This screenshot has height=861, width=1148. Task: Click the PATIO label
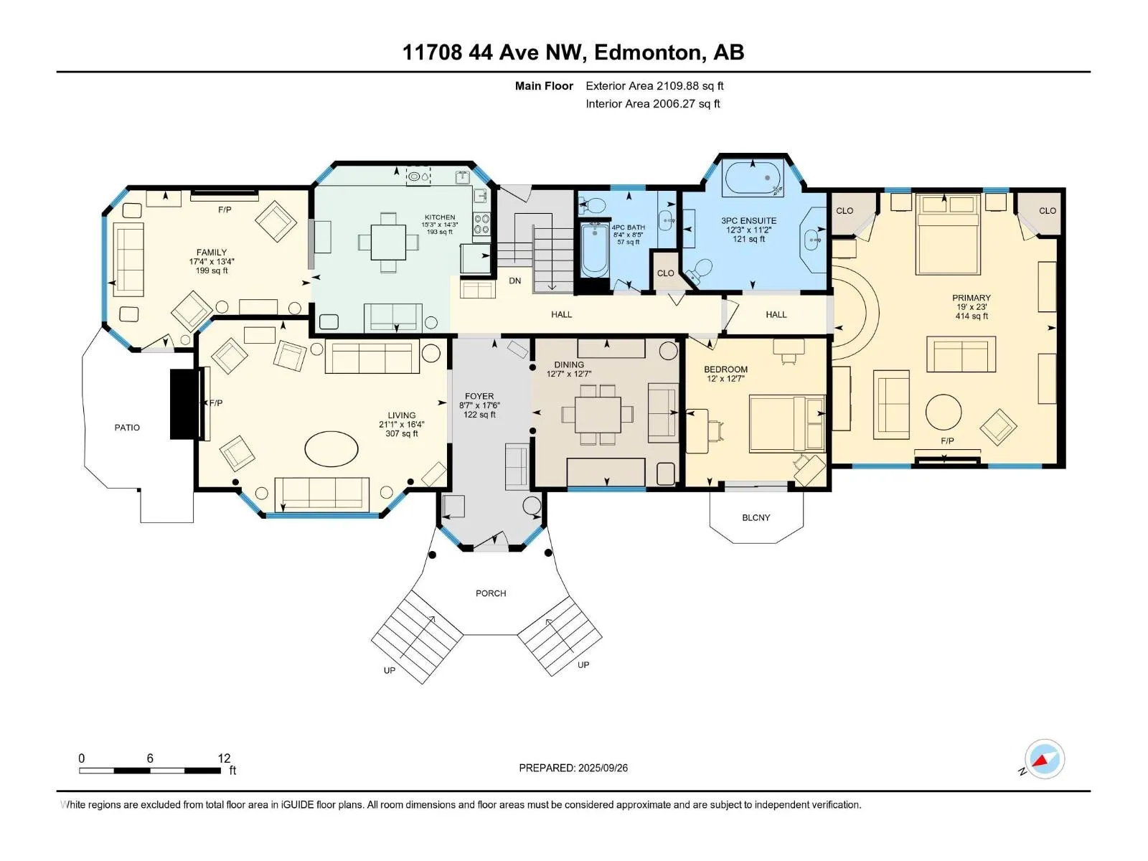point(127,428)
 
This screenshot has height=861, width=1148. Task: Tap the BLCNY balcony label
point(756,517)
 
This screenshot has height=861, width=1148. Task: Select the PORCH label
point(491,593)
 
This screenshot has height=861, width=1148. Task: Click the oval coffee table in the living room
point(331,448)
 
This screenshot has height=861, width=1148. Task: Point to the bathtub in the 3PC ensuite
point(753,178)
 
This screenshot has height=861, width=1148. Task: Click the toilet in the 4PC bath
point(591,205)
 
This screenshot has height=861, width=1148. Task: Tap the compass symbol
point(1045,759)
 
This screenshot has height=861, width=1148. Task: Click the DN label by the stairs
point(514,281)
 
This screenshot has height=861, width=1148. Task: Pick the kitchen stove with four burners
point(481,225)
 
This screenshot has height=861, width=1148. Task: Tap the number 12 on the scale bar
point(224,758)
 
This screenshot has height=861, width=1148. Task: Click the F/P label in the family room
point(225,210)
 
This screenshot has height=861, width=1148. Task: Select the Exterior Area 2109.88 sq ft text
point(654,85)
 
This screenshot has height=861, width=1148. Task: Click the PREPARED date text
point(573,768)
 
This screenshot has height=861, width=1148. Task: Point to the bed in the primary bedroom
point(947,234)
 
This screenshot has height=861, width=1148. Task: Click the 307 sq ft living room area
point(402,433)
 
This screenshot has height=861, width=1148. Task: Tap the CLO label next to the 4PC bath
point(665,273)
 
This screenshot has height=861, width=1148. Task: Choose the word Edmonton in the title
point(647,52)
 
